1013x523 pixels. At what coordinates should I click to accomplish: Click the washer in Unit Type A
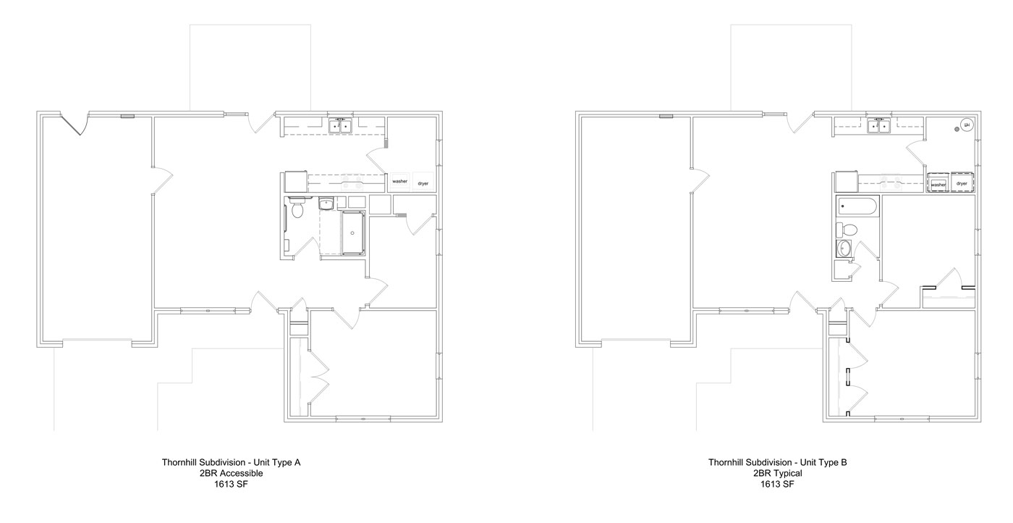pyautogui.click(x=400, y=183)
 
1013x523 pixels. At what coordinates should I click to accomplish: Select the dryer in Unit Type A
pyautogui.click(x=423, y=183)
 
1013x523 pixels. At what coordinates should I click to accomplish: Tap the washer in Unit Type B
pyautogui.click(x=939, y=184)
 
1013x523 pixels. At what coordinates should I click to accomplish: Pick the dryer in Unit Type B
pyautogui.click(x=962, y=184)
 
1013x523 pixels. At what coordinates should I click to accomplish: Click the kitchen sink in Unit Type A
pyautogui.click(x=339, y=127)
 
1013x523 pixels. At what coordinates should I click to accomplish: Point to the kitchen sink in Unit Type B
pyautogui.click(x=879, y=127)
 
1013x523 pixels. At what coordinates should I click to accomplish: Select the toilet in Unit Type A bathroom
pyautogui.click(x=297, y=210)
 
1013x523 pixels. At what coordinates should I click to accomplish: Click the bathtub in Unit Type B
pyautogui.click(x=857, y=207)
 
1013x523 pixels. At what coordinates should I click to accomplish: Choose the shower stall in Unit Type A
pyautogui.click(x=353, y=233)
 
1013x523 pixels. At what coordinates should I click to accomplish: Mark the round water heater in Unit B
pyautogui.click(x=967, y=125)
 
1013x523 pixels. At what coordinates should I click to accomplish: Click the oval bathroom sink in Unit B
pyautogui.click(x=844, y=250)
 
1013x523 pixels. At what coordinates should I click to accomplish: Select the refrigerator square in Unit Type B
pyautogui.click(x=845, y=180)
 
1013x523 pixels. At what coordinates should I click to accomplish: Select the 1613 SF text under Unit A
pyautogui.click(x=231, y=485)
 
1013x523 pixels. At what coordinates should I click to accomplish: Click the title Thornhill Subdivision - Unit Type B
pyautogui.click(x=777, y=461)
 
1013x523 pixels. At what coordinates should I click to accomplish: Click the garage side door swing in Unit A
pyautogui.click(x=75, y=125)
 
